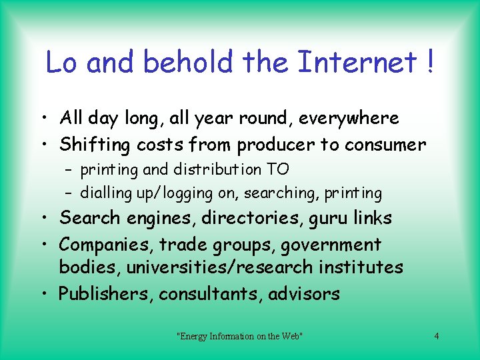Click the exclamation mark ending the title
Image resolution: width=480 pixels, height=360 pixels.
(430, 63)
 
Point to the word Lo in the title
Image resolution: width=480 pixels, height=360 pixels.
(62, 63)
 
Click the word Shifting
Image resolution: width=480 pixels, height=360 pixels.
(95, 145)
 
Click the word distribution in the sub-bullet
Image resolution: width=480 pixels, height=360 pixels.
(210, 170)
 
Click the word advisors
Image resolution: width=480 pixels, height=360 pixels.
(304, 294)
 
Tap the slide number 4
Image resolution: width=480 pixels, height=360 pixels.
(437, 336)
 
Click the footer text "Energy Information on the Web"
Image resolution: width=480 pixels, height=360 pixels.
(240, 336)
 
